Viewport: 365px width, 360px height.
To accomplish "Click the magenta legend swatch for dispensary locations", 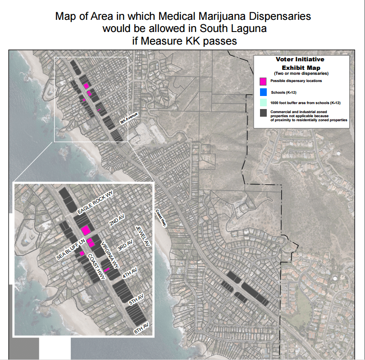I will [263, 82].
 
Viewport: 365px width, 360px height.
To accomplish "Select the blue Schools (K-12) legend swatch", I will [263, 92].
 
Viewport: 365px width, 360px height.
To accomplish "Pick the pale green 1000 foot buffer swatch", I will [263, 103].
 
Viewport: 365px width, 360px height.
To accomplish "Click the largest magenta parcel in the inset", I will [85, 230].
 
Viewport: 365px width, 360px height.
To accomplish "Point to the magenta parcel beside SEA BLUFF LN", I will [82, 254].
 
